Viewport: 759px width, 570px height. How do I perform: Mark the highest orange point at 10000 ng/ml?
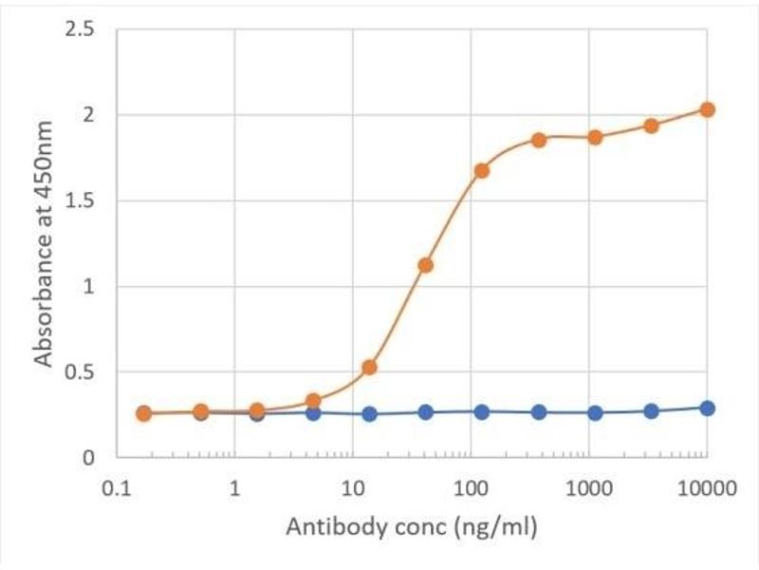click(707, 109)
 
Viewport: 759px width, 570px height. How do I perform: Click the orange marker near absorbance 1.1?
click(425, 265)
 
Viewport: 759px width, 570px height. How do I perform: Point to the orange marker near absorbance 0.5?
click(370, 367)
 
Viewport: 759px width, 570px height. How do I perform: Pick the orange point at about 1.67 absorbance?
click(481, 171)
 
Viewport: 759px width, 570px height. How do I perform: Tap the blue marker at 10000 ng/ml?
click(707, 408)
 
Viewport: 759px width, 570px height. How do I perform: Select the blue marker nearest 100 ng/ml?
click(481, 411)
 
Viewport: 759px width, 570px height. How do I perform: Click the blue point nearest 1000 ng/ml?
click(595, 412)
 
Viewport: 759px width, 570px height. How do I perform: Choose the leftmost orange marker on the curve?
click(143, 413)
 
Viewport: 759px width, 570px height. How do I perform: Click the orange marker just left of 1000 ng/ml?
click(539, 140)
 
